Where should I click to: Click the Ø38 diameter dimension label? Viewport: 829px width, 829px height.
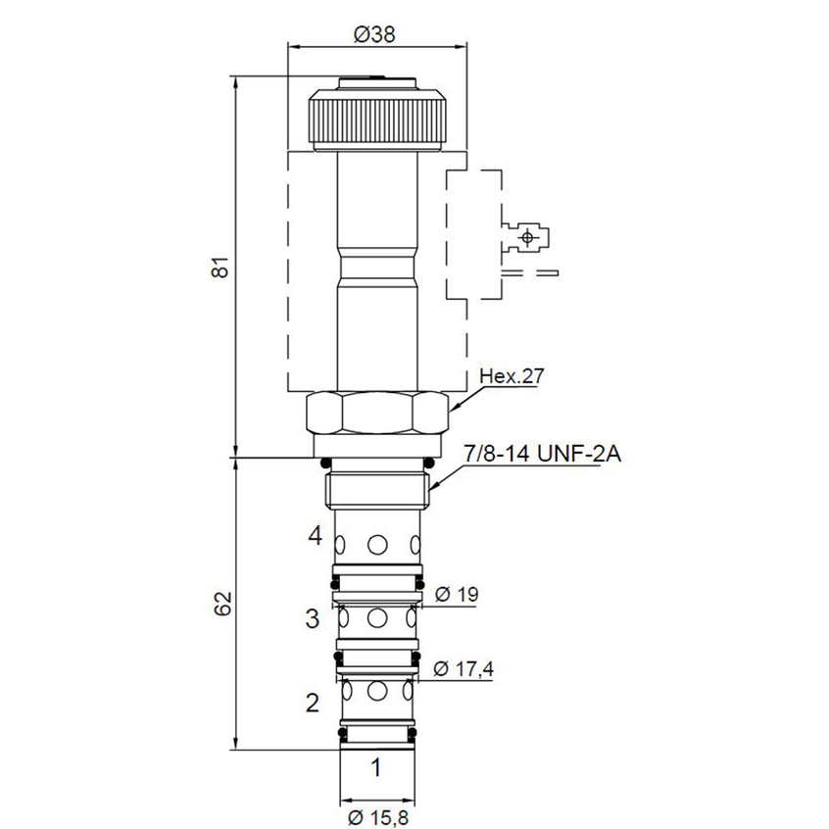pyautogui.click(x=376, y=34)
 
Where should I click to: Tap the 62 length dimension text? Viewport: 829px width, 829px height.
pyautogui.click(x=221, y=604)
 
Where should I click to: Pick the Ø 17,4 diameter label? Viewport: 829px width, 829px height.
pyautogui.click(x=462, y=669)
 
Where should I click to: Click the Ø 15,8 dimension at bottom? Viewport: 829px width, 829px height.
pyautogui.click(x=376, y=813)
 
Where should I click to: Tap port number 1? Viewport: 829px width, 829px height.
pyautogui.click(x=374, y=767)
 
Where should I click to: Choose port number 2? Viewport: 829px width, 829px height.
pyautogui.click(x=313, y=702)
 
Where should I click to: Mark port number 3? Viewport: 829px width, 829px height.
pyautogui.click(x=313, y=618)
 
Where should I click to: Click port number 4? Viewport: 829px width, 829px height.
pyautogui.click(x=314, y=535)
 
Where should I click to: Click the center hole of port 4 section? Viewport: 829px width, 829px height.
pyautogui.click(x=377, y=544)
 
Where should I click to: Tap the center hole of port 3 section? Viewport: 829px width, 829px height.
pyautogui.click(x=377, y=618)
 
